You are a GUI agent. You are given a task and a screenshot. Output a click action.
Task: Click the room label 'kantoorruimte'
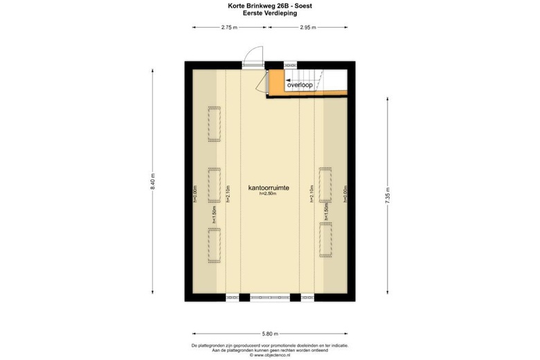269,188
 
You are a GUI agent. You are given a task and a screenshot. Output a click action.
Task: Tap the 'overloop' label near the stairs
300,85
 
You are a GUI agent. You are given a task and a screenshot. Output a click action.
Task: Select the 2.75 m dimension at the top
230,28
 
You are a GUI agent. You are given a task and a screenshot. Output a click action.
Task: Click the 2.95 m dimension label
307,28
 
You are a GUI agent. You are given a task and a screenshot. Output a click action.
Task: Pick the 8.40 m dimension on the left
153,183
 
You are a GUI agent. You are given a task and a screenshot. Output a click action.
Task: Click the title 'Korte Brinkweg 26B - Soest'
270,5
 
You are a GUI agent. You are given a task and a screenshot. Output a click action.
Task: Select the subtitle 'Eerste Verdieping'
270,12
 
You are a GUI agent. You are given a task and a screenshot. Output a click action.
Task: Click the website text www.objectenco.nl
270,355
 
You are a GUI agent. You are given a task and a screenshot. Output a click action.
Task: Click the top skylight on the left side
214,125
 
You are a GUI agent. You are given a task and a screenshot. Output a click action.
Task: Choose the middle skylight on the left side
214,185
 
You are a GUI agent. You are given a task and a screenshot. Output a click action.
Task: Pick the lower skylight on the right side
325,240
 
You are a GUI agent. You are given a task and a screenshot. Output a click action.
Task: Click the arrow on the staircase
285,85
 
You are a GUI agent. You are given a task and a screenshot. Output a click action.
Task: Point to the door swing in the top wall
253,55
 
